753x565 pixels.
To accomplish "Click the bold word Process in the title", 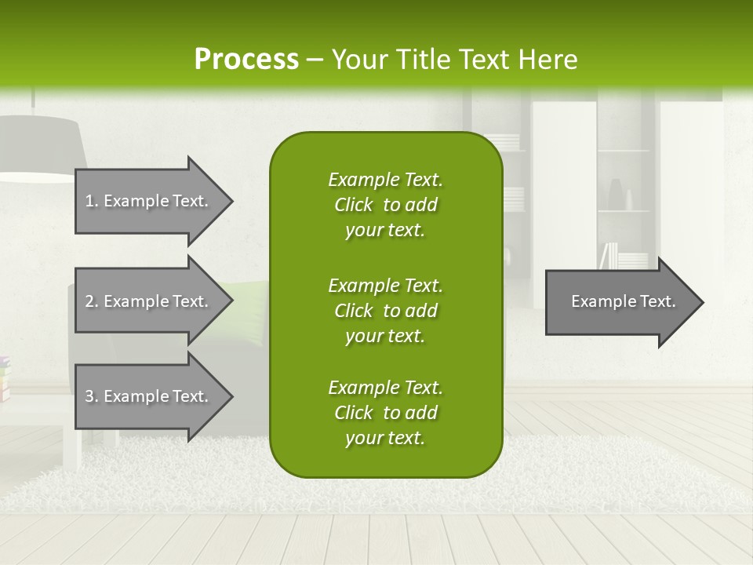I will click(246, 59).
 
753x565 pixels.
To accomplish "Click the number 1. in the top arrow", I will click(92, 201).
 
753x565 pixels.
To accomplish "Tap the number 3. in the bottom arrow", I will click(92, 396).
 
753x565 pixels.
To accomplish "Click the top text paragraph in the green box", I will click(385, 205).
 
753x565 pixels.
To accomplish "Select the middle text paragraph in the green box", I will click(385, 311).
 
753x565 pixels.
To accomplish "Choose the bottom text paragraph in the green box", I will click(385, 413).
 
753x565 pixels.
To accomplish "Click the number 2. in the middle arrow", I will click(92, 301).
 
